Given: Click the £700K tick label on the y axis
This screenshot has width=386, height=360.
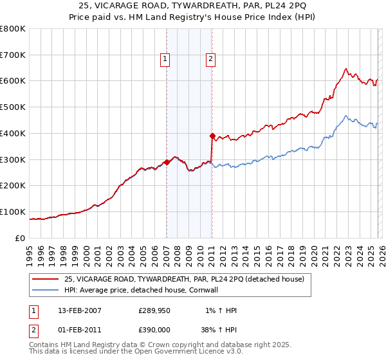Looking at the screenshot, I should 13,55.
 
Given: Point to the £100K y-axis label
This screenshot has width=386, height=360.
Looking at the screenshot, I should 13,212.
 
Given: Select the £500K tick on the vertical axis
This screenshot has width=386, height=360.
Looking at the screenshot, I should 13,107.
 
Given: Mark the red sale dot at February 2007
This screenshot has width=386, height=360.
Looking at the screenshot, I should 167,162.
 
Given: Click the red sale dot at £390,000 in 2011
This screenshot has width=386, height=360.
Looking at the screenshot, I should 212,136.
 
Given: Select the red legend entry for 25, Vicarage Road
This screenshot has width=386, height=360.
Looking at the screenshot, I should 188,279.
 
